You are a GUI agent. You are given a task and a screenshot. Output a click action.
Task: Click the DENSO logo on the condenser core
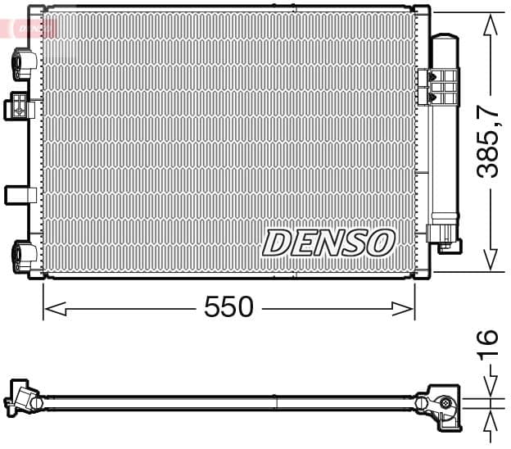[328, 243]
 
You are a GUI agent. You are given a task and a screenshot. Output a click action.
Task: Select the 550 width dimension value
[229, 308]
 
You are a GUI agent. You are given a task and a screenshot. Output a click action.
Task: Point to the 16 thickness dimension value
[488, 338]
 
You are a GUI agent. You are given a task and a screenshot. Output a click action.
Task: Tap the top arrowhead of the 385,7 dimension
[490, 25]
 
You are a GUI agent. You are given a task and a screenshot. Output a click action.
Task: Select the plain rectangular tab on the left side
[20, 195]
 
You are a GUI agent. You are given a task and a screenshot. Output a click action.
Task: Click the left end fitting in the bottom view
[25, 399]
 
